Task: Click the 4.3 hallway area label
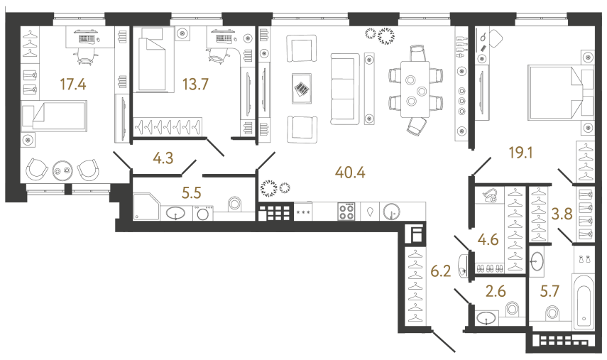click(164, 158)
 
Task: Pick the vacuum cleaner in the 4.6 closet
click(489, 195)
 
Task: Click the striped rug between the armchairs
click(301, 90)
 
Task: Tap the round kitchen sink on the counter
click(390, 211)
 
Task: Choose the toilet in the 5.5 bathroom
click(235, 204)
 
